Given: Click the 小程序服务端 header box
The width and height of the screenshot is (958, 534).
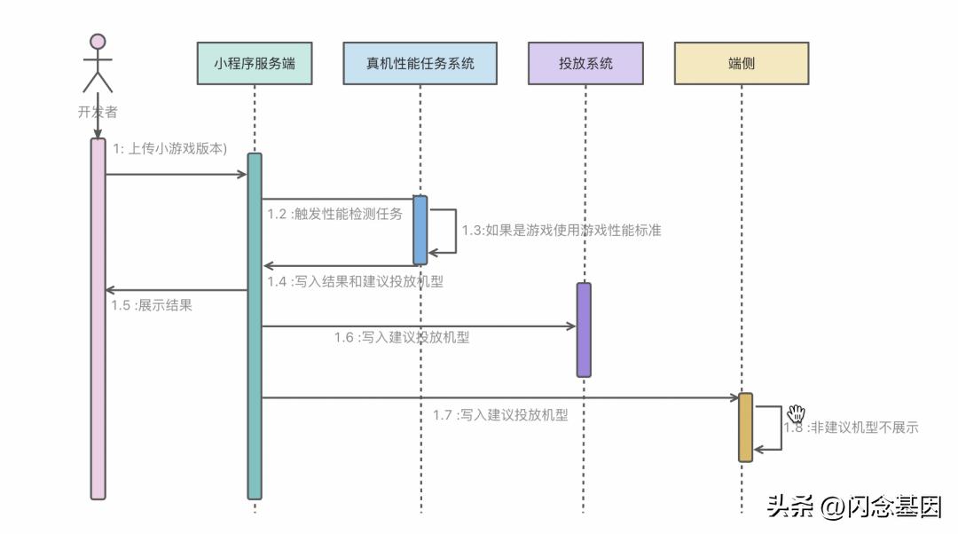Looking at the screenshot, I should tap(255, 64).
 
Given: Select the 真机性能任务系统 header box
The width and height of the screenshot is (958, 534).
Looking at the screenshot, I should tap(420, 64).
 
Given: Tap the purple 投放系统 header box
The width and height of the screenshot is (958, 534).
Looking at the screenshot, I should tap(585, 64).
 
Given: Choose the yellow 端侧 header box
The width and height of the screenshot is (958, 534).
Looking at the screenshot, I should tap(742, 64).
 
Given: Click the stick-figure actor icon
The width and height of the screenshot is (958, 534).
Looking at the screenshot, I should tap(98, 64).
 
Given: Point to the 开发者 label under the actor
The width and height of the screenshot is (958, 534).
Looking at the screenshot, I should tap(98, 113).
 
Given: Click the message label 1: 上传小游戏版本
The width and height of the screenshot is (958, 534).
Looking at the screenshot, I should tap(169, 149).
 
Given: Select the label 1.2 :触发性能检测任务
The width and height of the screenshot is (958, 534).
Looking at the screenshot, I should tap(335, 214).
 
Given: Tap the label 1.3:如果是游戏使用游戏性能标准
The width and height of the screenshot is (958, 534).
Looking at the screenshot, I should tap(561, 230).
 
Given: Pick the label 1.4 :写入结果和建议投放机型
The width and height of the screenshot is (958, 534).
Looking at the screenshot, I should tap(355, 282).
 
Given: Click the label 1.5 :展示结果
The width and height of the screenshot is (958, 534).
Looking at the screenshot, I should tap(152, 305).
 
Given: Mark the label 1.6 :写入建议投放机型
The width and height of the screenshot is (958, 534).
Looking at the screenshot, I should tap(402, 337).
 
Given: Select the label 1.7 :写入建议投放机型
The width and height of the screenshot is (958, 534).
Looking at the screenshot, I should tap(500, 414).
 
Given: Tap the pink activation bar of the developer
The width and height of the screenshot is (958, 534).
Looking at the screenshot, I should tap(98, 319).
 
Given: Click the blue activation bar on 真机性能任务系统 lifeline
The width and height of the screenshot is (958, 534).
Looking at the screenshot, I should tap(420, 230).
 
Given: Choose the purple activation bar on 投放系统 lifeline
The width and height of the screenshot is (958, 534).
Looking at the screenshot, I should tap(584, 330).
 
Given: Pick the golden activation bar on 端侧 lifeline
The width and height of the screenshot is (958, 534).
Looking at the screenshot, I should tap(745, 427).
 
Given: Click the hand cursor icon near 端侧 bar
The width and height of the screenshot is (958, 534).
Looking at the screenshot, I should tap(796, 413).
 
